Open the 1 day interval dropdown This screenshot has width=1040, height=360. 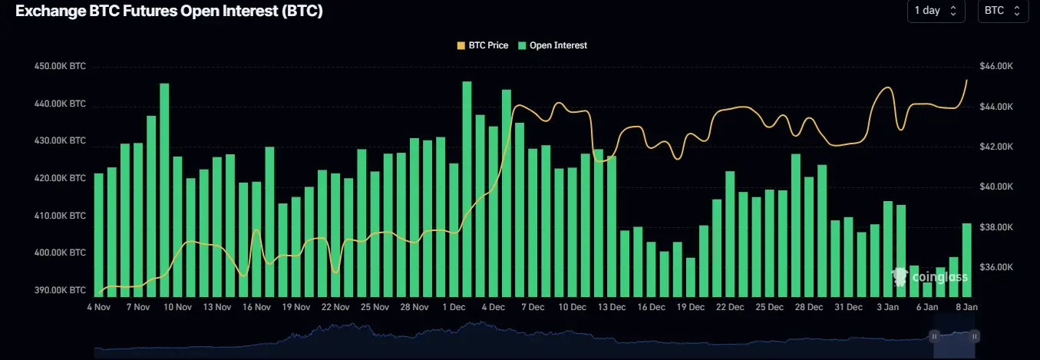[936, 11]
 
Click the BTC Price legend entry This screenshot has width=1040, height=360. [483, 45]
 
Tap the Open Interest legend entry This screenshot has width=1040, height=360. [553, 45]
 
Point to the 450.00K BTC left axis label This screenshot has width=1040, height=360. [61, 67]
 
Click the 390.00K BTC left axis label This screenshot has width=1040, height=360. [61, 290]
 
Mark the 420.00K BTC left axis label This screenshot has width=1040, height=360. [61, 178]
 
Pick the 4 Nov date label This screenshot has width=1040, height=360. [98, 307]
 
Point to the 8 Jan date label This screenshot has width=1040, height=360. [966, 307]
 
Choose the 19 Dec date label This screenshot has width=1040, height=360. [690, 307]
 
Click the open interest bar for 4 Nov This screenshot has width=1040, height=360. [98, 234]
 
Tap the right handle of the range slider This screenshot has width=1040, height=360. [973, 335]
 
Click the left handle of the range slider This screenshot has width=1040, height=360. [934, 335]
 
